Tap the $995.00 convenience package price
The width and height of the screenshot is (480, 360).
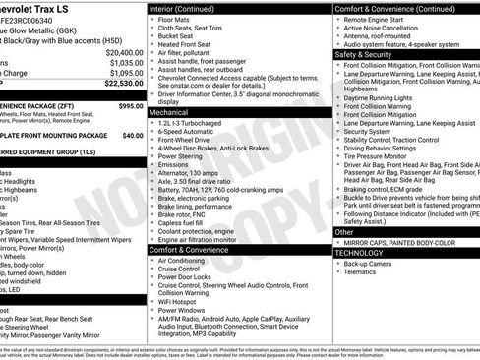coord(130,105)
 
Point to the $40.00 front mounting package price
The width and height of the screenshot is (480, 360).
coord(132,135)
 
